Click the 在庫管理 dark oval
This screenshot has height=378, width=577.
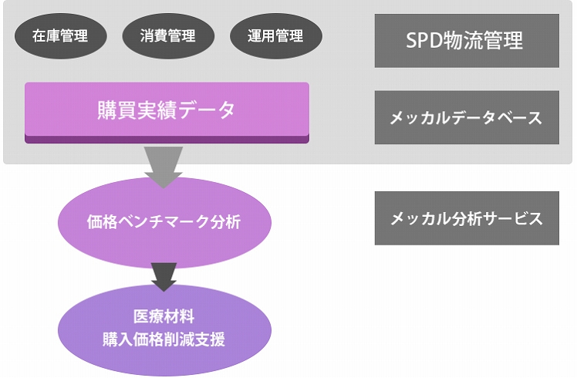click(61, 36)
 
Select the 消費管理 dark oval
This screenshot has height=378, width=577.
click(168, 36)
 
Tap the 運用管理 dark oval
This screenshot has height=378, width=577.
click(276, 36)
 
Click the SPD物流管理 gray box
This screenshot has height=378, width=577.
click(467, 41)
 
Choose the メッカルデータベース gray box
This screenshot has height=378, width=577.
click(467, 117)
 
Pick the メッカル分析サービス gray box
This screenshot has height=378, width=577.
click(467, 218)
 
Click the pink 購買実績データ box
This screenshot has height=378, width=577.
click(167, 113)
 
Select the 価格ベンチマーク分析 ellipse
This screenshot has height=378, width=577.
click(164, 223)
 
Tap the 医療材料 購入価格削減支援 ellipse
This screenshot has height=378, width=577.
click(164, 329)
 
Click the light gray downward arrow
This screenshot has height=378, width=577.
click(164, 167)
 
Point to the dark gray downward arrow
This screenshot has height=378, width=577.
click(164, 277)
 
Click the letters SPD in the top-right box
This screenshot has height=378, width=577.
click(424, 40)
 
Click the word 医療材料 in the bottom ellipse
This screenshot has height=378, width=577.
click(164, 316)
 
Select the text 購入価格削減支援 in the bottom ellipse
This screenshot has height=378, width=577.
click(164, 339)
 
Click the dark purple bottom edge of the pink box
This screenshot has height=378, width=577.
click(167, 140)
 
